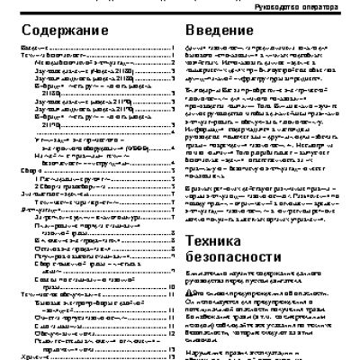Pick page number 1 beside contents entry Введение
tap(172, 47)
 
